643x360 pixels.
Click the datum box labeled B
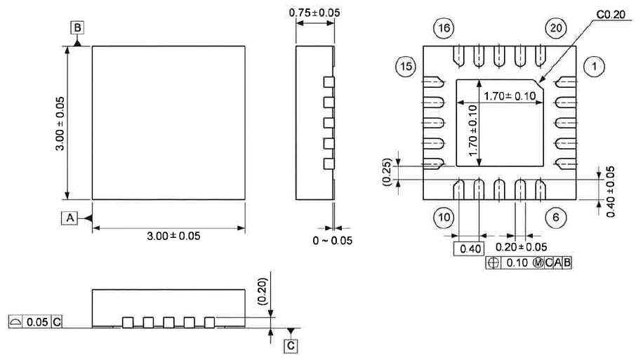(x=77, y=28)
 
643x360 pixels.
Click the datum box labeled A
(x=69, y=218)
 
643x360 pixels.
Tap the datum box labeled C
(x=291, y=346)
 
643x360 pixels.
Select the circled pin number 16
(x=444, y=28)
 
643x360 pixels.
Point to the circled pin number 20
(x=556, y=28)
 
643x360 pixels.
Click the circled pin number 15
(x=406, y=67)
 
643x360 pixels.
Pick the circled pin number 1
(x=594, y=67)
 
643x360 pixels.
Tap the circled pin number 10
(x=444, y=218)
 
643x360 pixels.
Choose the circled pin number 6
(x=556, y=218)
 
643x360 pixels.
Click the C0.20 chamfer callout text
(x=610, y=15)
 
